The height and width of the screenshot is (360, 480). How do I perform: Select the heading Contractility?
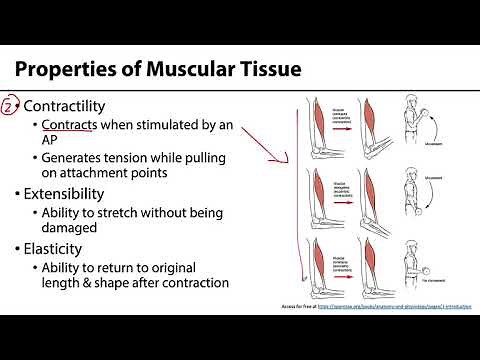[64, 106]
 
